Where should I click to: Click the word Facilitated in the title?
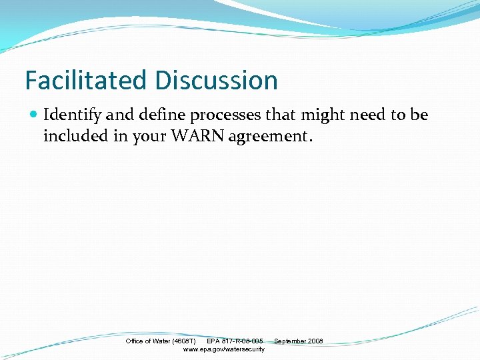click(x=87, y=81)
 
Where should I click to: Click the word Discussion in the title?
click(x=216, y=81)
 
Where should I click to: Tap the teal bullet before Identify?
click(x=34, y=115)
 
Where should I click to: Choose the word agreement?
click(x=268, y=137)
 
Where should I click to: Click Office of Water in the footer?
click(x=148, y=341)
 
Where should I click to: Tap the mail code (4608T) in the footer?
click(x=185, y=341)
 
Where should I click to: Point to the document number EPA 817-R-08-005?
click(x=235, y=341)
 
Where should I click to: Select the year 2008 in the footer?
click(x=315, y=341)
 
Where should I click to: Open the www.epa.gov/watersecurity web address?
click(x=223, y=349)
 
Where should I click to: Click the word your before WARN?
click(x=149, y=137)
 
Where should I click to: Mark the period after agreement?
click(x=309, y=139)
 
